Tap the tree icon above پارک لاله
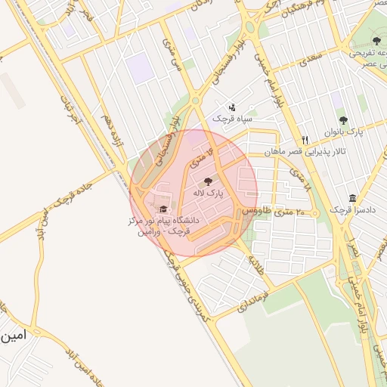[x=209, y=181]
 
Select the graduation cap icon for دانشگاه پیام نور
[x=163, y=209]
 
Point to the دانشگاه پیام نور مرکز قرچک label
[x=163, y=226]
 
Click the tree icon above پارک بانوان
[x=343, y=119]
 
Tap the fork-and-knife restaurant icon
[x=305, y=140]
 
